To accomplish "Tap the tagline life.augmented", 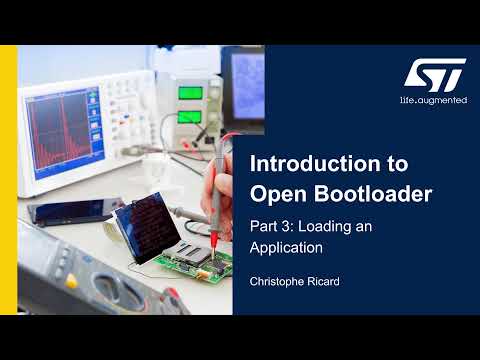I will pyautogui.click(x=433, y=100).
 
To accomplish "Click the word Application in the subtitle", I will pyautogui.click(x=286, y=246).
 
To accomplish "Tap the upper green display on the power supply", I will pyautogui.click(x=190, y=94).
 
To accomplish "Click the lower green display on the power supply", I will pyautogui.click(x=190, y=117).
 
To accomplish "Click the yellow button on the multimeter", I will pyautogui.click(x=71, y=282).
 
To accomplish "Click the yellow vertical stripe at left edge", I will pyautogui.click(x=6, y=180).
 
